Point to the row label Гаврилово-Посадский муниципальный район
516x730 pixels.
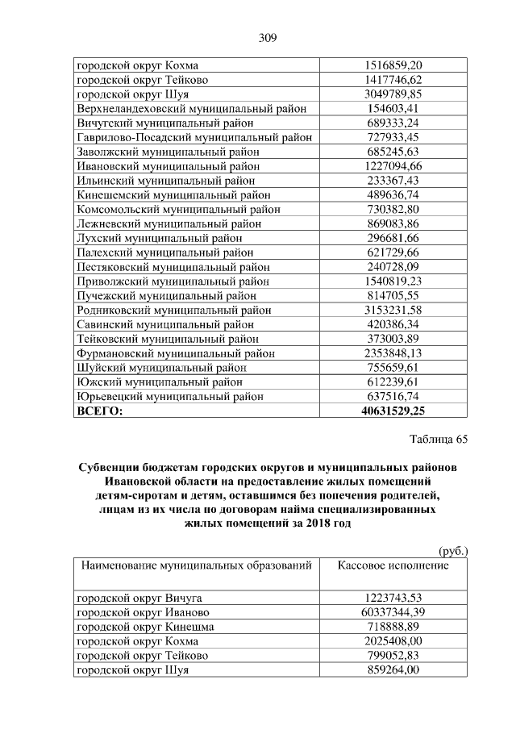tap(194, 138)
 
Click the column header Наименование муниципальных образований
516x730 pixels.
tap(194, 565)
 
